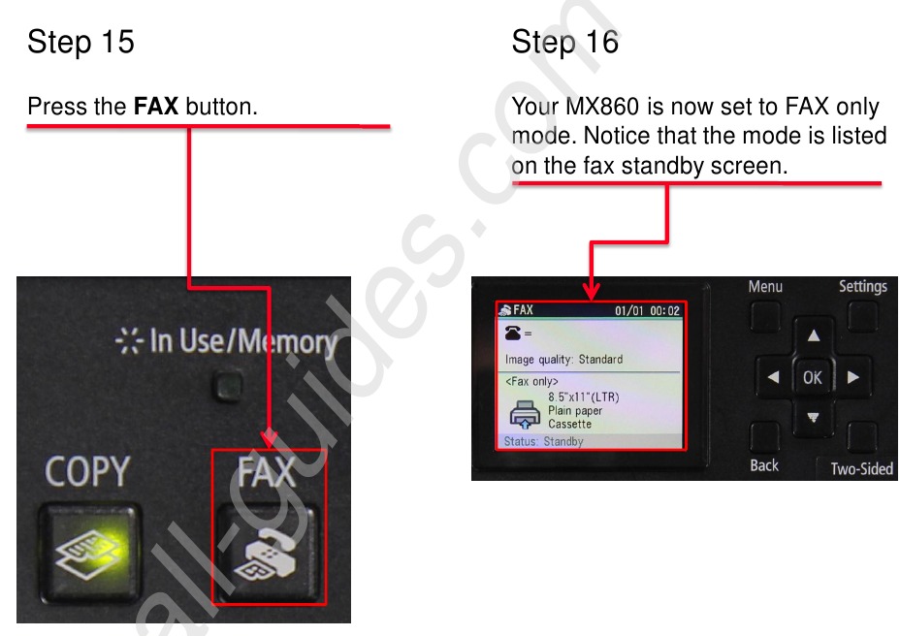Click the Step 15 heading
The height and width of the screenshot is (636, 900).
click(80, 42)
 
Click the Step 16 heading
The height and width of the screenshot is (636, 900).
click(564, 42)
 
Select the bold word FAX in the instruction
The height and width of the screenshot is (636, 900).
click(155, 106)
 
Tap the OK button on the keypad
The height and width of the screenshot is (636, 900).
click(813, 378)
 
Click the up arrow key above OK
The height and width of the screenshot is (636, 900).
click(813, 336)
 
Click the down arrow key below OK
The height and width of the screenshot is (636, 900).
click(813, 419)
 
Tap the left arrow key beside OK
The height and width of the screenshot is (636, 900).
click(773, 378)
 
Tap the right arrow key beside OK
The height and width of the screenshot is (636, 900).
click(852, 378)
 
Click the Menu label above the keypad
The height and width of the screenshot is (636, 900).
click(765, 287)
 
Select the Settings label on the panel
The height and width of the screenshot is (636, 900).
click(862, 287)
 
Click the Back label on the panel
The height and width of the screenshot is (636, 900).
click(764, 465)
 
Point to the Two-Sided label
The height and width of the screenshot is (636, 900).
click(861, 469)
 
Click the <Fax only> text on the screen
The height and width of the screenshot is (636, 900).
click(531, 382)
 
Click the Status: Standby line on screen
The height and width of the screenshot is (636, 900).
click(543, 442)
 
